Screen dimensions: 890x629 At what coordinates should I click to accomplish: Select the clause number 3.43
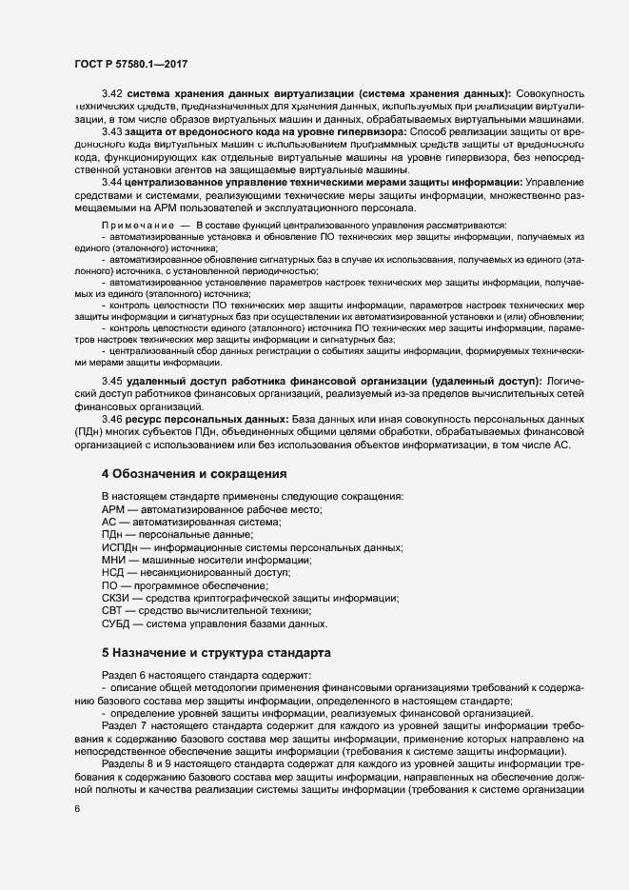(111, 130)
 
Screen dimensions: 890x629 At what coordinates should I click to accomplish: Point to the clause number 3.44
(111, 181)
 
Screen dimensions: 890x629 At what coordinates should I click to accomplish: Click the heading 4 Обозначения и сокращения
(193, 473)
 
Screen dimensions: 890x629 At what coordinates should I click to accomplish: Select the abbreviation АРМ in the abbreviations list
(113, 510)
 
